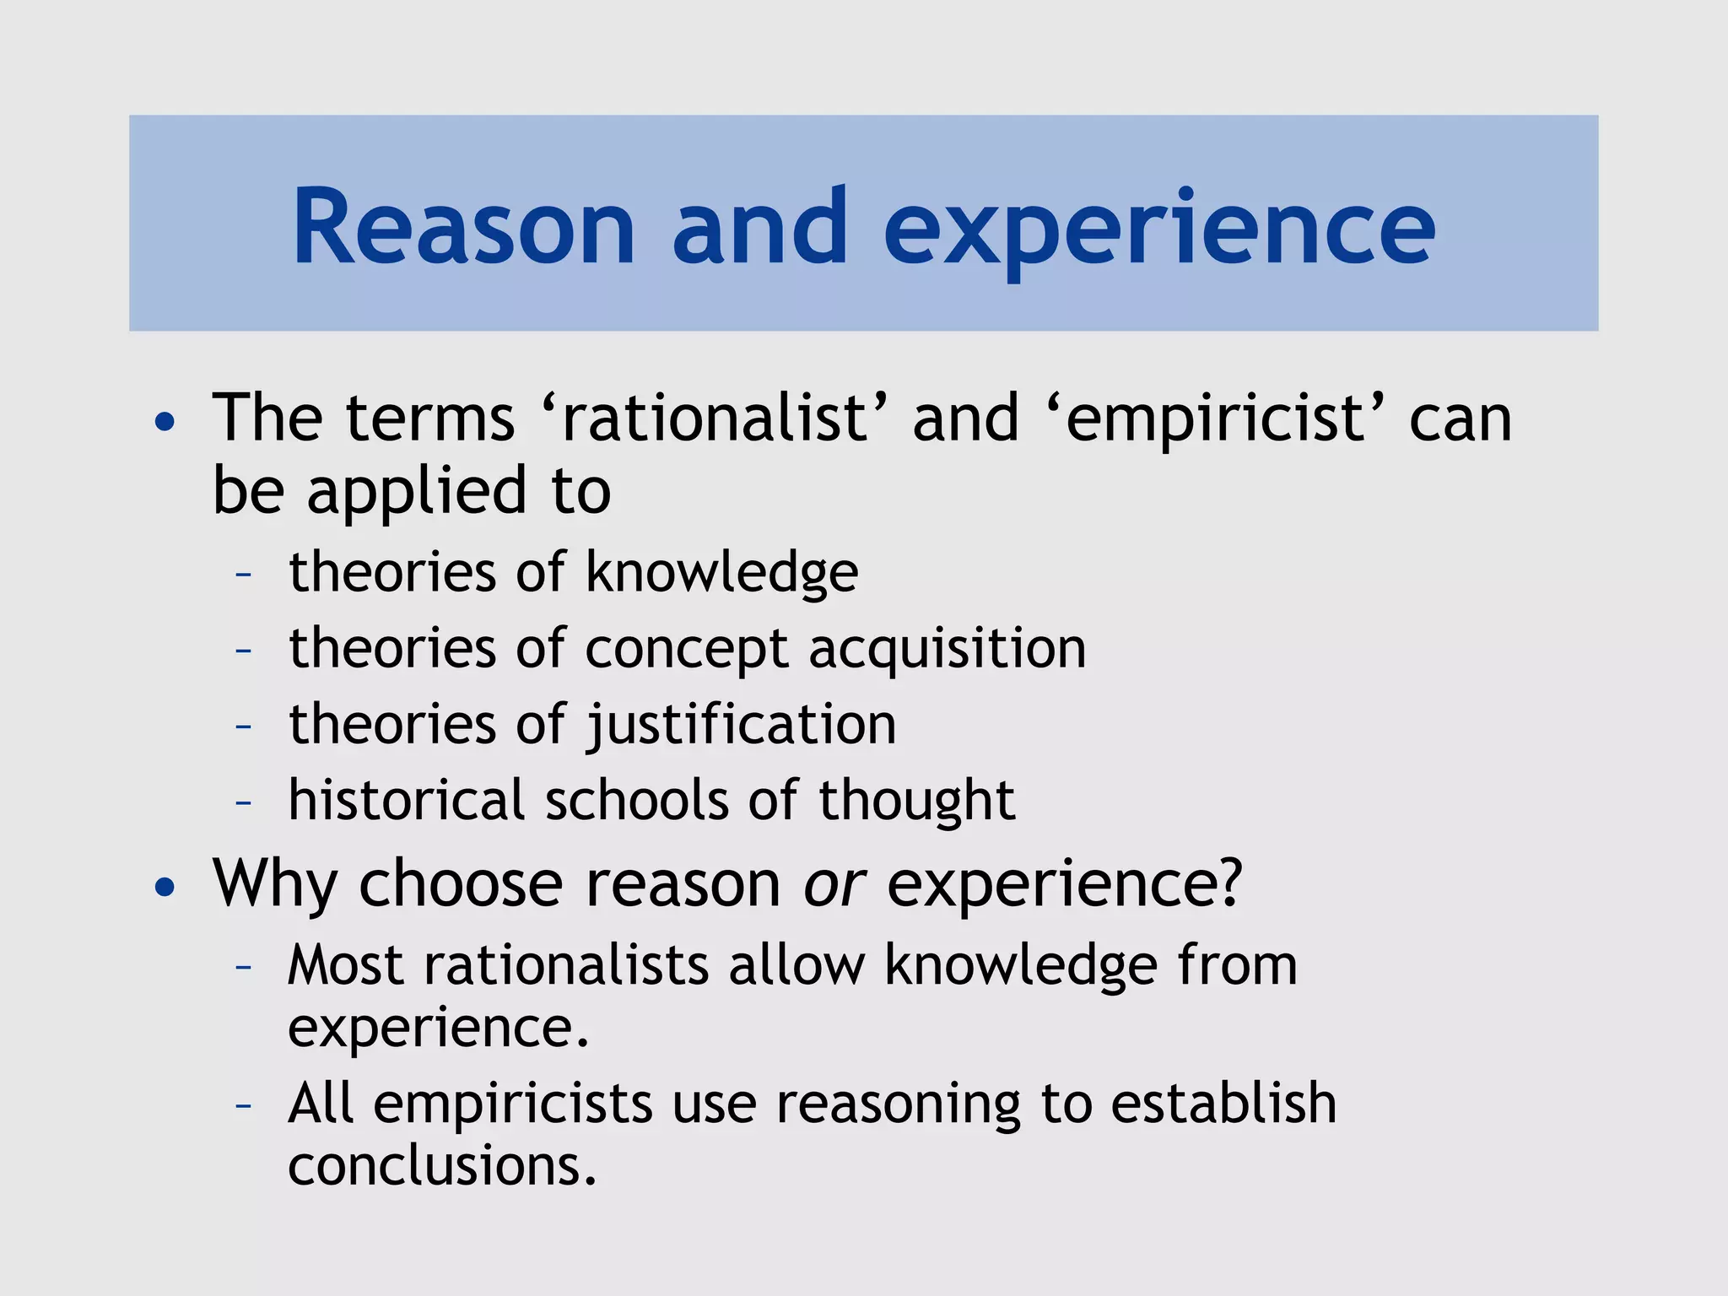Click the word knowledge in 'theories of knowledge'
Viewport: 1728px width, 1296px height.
point(721,573)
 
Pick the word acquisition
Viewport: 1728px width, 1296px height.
point(947,649)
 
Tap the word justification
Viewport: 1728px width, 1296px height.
point(741,725)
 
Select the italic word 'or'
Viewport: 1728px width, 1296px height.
point(834,883)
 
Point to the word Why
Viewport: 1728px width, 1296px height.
point(275,885)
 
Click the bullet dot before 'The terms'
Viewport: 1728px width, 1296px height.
point(165,421)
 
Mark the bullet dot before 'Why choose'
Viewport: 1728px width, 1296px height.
point(165,887)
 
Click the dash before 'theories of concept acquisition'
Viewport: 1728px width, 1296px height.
point(244,651)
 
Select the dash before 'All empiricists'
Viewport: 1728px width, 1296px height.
point(244,1104)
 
